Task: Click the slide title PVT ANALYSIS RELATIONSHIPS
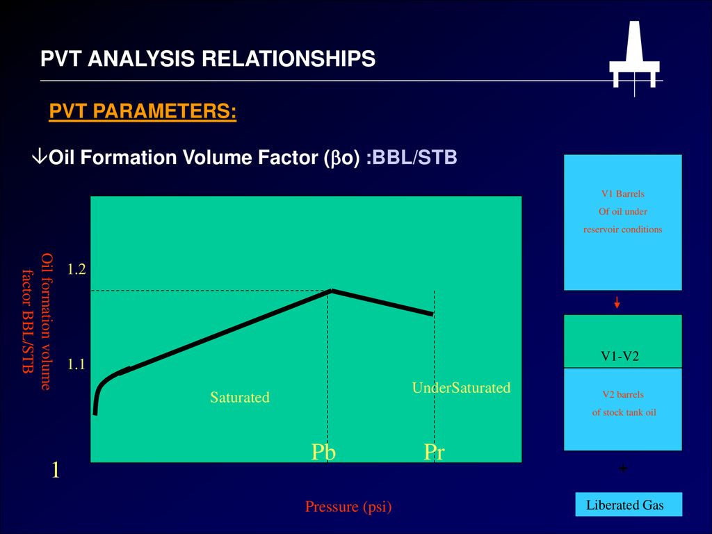208,58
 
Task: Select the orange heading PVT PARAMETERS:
143,111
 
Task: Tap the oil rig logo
634,57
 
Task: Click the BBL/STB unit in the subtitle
414,157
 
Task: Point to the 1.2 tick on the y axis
76,269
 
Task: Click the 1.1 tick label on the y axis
76,364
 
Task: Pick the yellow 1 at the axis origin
56,470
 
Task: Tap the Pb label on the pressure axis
323,452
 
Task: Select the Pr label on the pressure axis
434,452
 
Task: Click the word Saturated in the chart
240,397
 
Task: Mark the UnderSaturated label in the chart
462,388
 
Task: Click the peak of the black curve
332,290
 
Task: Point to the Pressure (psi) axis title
348,506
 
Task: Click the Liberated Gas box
629,505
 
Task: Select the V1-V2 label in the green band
620,356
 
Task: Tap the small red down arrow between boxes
617,302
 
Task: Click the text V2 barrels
623,395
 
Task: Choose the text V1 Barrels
622,194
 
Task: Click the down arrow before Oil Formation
40,156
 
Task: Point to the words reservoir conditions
622,229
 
